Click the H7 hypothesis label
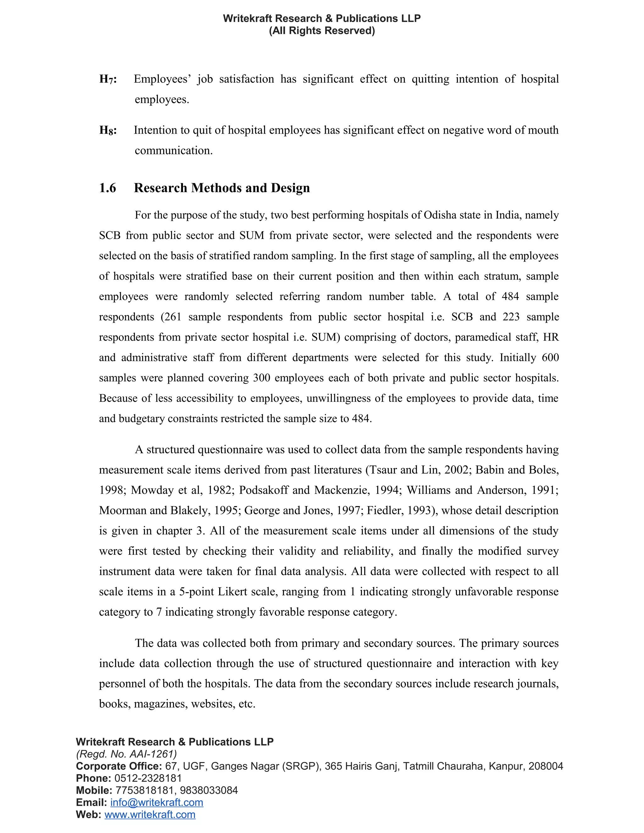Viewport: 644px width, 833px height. click(x=108, y=79)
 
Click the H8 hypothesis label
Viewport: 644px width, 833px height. click(x=108, y=130)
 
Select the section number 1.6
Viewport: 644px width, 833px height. click(x=108, y=188)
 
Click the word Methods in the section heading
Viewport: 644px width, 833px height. click(x=216, y=188)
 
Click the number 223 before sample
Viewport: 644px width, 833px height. click(x=511, y=317)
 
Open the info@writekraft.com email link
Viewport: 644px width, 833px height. click(x=157, y=803)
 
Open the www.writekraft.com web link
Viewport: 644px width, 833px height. click(x=150, y=815)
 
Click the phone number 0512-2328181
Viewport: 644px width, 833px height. click(x=148, y=778)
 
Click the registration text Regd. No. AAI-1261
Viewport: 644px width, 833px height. click(x=126, y=754)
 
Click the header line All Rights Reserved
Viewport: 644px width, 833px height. click(x=322, y=31)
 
